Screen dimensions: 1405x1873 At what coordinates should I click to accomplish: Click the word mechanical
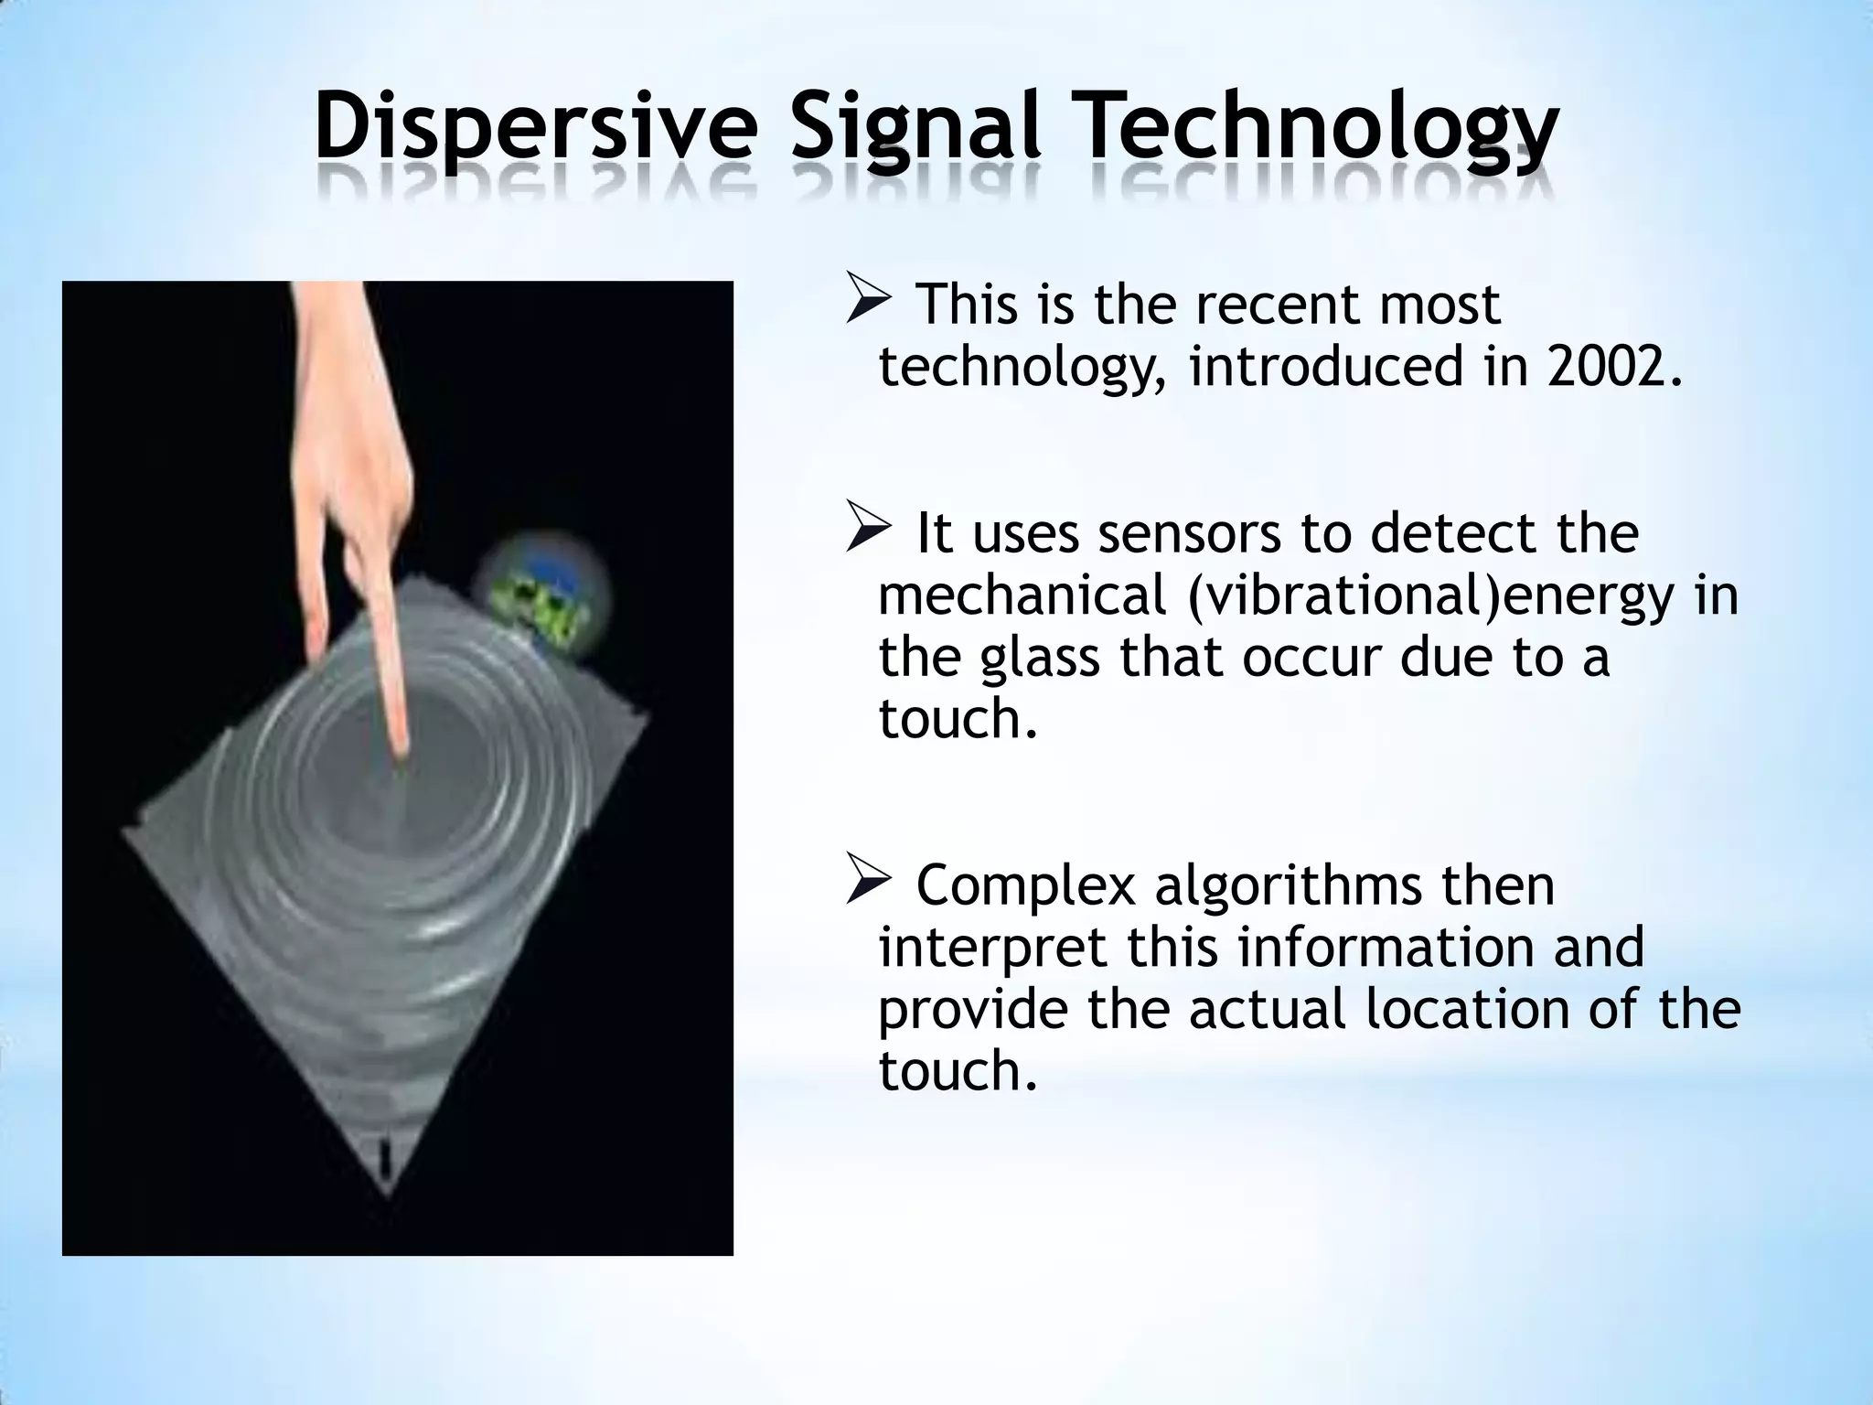click(x=1022, y=596)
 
